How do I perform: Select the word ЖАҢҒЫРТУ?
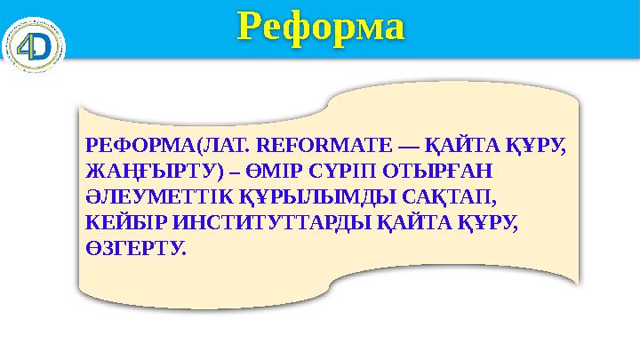point(137,167)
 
